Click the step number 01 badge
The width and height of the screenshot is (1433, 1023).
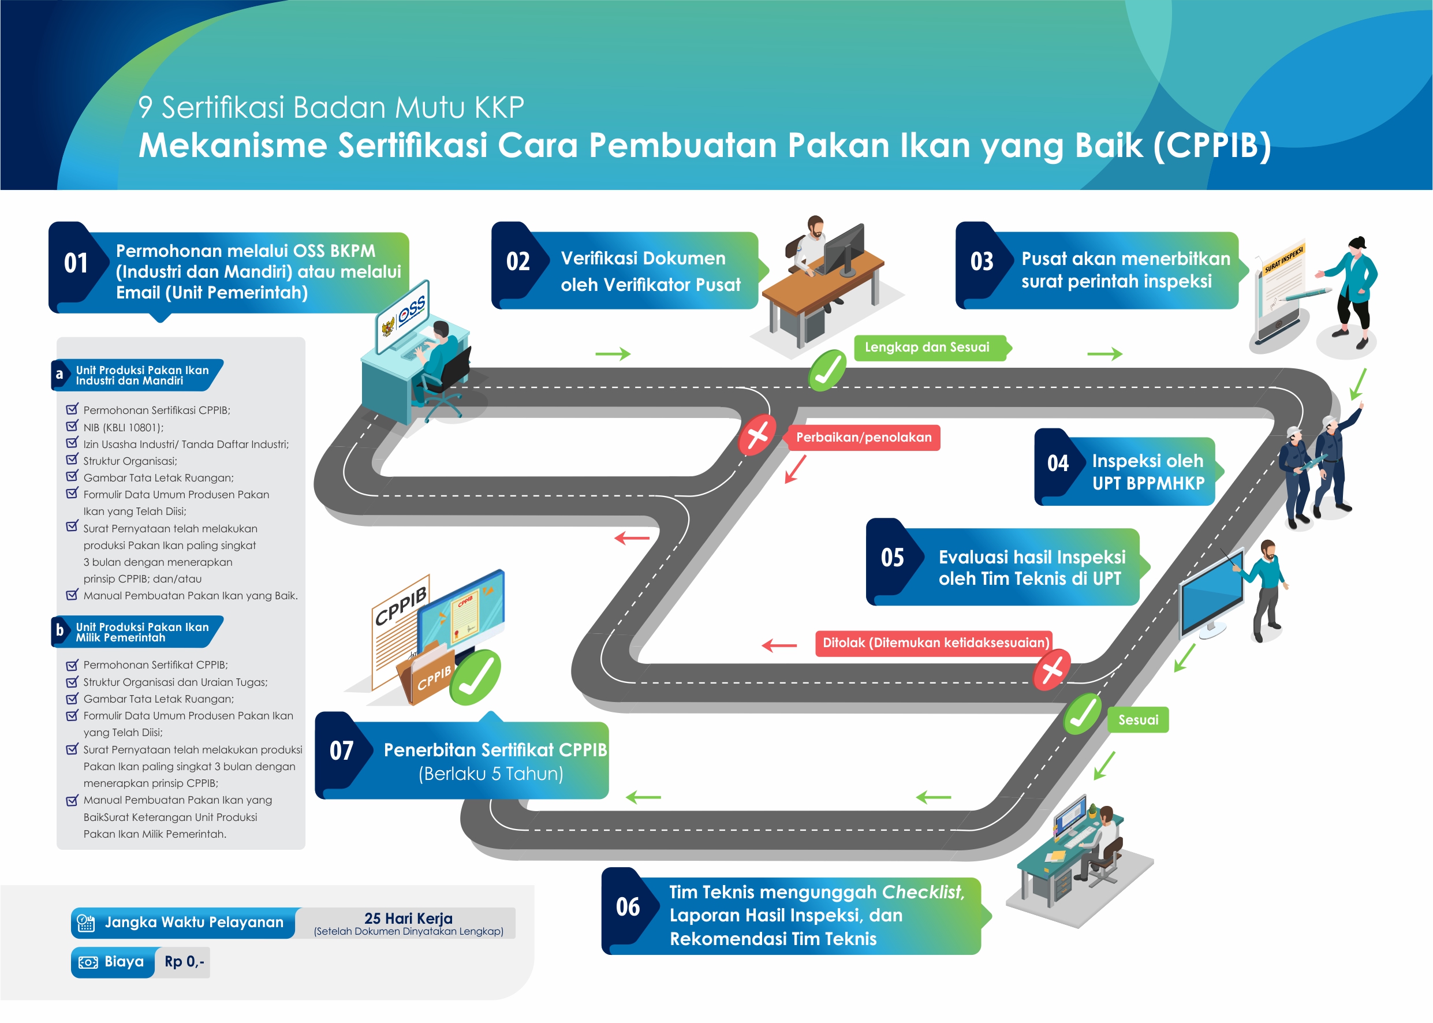point(76,263)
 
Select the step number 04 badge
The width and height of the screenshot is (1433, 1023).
point(1058,464)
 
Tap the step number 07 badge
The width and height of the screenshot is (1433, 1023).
point(341,751)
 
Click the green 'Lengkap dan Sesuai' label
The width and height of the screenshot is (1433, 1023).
point(927,347)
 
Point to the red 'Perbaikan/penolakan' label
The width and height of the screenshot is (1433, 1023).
point(863,438)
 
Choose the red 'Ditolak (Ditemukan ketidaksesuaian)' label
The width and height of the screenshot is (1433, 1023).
point(935,643)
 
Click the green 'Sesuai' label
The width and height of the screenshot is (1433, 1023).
point(1137,720)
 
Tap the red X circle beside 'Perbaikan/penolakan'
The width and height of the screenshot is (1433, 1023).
point(757,435)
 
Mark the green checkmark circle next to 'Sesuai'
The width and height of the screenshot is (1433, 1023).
point(1083,714)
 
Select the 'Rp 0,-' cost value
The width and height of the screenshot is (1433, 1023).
point(184,962)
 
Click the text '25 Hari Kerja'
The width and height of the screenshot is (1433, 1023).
point(408,918)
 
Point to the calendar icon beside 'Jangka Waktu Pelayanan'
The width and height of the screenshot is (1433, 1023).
point(85,923)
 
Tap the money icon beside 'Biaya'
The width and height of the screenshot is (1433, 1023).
point(88,962)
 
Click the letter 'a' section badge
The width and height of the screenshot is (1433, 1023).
point(59,375)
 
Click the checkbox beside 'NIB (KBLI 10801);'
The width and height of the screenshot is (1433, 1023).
point(72,427)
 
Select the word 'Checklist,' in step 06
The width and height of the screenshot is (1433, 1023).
point(923,892)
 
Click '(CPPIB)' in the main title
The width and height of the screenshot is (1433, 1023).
point(1212,145)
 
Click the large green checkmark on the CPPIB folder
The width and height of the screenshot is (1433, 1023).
point(476,678)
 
